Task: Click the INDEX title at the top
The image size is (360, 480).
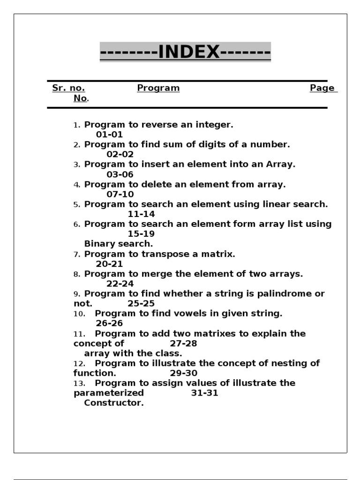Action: (185, 52)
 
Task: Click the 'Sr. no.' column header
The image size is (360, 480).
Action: (68, 88)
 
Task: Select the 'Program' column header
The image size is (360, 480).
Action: (158, 88)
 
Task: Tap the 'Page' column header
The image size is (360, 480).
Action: (322, 88)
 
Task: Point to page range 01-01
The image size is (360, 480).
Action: (109, 135)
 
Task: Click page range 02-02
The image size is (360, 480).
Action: (120, 155)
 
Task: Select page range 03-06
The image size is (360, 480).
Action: (120, 175)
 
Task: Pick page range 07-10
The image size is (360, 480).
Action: (120, 195)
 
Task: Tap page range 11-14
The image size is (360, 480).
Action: (141, 214)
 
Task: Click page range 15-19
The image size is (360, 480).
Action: (141, 234)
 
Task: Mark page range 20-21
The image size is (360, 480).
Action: (109, 264)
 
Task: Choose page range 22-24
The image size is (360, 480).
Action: (120, 284)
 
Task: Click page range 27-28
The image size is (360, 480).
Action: (183, 344)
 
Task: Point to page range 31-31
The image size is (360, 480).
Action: (204, 393)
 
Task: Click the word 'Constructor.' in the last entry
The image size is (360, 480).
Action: (114, 403)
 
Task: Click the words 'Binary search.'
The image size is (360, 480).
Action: (119, 244)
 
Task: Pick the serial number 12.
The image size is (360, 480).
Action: (79, 364)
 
